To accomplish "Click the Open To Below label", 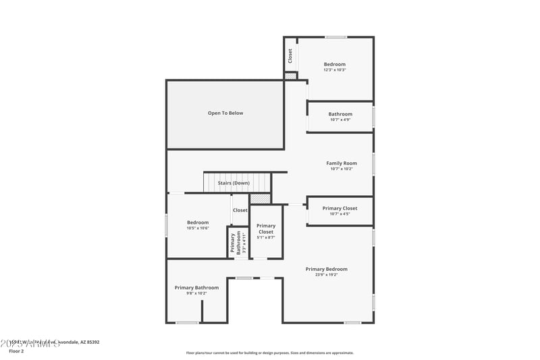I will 225,113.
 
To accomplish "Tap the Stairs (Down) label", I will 234,183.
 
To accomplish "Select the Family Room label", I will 342,163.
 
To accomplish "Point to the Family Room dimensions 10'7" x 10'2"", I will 342,169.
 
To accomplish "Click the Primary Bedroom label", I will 326,269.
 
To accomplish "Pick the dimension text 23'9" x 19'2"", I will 326,275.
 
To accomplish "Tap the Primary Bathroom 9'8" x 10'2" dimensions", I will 197,294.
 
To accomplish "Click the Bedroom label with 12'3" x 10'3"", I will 334,64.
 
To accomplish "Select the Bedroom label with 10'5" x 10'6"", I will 198,222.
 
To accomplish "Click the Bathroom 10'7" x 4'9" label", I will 340,114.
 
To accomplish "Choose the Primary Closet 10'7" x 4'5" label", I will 340,208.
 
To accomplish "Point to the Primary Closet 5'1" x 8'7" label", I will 266,228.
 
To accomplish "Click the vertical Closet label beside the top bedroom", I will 290,56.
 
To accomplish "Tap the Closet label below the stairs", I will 240,210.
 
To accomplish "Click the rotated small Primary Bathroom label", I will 234,242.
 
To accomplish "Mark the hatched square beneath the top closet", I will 290,76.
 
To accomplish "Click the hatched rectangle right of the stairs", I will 261,199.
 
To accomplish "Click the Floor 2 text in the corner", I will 16,351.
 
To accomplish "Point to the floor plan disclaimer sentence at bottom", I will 270,353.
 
